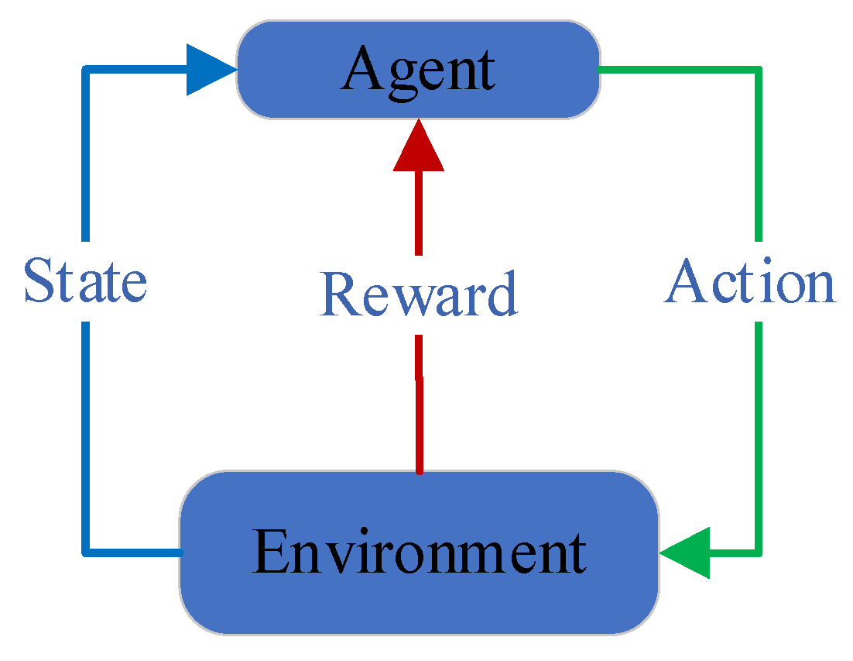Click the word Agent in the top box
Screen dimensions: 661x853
418,70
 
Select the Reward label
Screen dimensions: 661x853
418,295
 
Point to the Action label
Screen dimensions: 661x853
750,281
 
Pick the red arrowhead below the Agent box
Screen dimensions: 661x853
419,147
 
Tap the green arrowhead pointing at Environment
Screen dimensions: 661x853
687,553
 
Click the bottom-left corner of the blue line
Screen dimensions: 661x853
86,552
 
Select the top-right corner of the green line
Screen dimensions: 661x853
759,71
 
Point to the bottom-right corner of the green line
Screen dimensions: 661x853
759,553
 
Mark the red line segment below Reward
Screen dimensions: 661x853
419,403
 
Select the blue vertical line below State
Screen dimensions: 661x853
86,434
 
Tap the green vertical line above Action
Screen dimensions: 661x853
759,155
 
